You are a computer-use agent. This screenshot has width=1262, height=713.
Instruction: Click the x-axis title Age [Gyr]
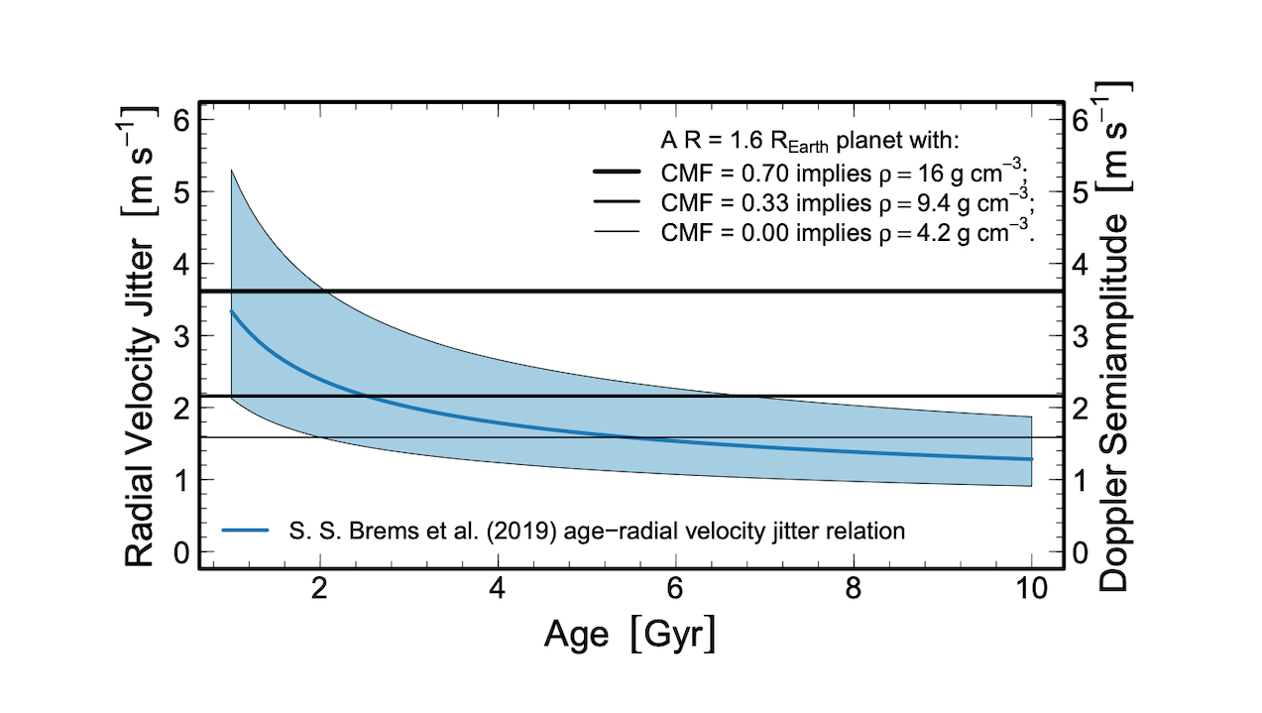coord(630,634)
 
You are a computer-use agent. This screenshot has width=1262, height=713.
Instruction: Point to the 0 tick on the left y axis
coord(181,552)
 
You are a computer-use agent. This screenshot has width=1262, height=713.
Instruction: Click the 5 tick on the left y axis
coord(181,191)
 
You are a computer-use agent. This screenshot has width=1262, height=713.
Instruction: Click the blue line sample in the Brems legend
coord(247,532)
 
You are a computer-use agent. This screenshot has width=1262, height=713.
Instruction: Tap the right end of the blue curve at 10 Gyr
coord(1031,459)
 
